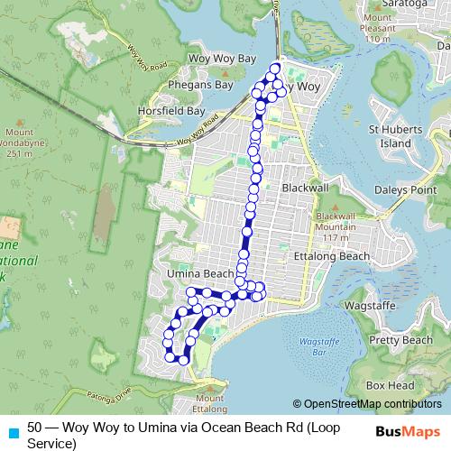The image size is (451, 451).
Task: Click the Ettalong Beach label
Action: pos(332,256)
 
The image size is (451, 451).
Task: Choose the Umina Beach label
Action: pos(199,273)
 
